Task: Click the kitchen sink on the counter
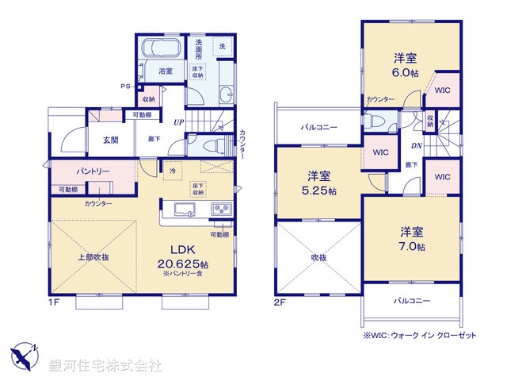click(x=181, y=210)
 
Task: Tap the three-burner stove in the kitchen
click(x=220, y=210)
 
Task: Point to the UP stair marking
click(x=180, y=122)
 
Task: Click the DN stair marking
click(x=416, y=144)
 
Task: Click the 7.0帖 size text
click(x=411, y=247)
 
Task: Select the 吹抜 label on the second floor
click(x=318, y=256)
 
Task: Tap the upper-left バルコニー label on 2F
click(x=318, y=127)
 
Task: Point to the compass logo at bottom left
click(x=25, y=354)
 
